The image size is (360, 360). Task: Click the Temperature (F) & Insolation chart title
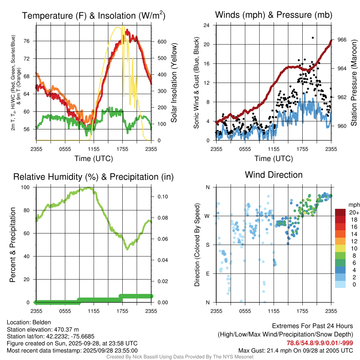(x=94, y=15)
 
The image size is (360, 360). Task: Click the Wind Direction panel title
(x=274, y=175)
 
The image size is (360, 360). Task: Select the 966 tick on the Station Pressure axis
(x=342, y=40)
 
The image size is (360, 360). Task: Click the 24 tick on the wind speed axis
(x=207, y=25)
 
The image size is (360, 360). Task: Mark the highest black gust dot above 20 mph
(x=313, y=38)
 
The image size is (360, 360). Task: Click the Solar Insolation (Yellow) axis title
(x=174, y=83)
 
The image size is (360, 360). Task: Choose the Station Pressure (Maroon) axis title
(x=354, y=83)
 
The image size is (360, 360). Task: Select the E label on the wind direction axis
(x=208, y=274)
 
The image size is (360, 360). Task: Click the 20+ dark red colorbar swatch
(x=341, y=212)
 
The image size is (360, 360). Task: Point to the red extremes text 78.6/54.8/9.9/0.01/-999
(x=320, y=343)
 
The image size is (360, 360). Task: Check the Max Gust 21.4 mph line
(x=296, y=350)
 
